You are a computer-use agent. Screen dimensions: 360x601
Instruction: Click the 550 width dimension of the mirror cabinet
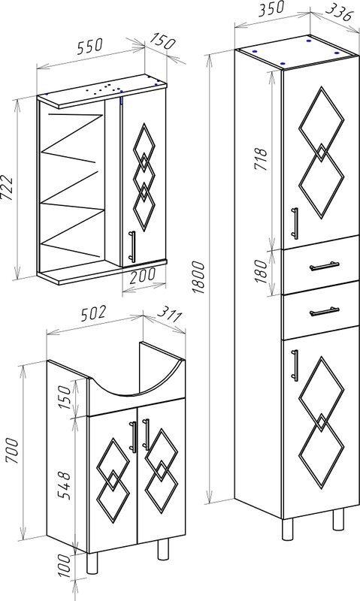(x=90, y=46)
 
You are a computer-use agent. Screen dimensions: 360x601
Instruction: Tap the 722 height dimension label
(x=8, y=189)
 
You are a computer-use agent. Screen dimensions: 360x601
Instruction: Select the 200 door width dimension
(x=142, y=274)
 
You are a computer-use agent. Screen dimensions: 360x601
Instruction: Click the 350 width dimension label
(x=271, y=8)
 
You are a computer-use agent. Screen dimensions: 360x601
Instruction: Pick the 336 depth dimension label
(x=338, y=14)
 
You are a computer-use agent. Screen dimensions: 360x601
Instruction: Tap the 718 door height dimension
(x=260, y=159)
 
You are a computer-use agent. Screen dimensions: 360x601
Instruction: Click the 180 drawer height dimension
(x=260, y=271)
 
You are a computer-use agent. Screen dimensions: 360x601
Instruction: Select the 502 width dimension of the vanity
(x=92, y=313)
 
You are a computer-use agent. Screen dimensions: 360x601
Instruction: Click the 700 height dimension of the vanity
(x=11, y=452)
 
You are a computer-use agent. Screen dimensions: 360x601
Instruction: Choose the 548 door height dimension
(x=64, y=485)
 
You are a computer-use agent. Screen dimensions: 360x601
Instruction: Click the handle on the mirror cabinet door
(x=132, y=246)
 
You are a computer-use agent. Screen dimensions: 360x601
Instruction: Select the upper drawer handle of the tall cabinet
(x=325, y=266)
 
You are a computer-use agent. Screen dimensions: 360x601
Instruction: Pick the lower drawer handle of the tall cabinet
(x=325, y=311)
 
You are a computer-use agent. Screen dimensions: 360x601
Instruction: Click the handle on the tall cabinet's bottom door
(x=295, y=365)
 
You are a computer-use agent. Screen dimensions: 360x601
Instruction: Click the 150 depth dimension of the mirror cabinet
(x=162, y=41)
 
